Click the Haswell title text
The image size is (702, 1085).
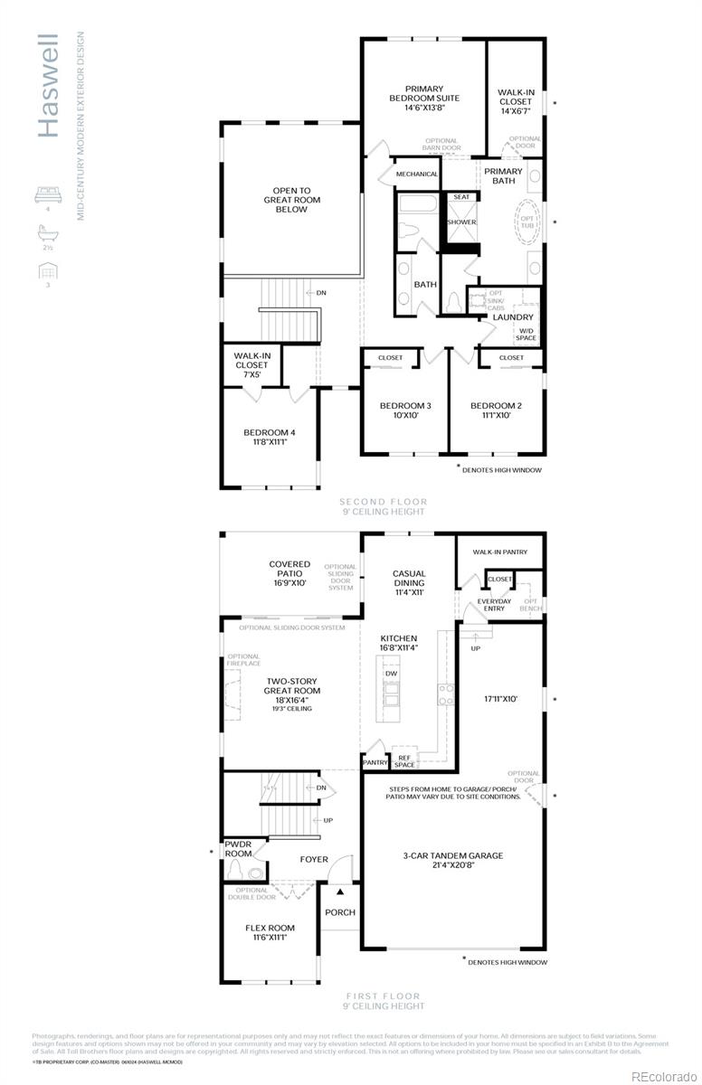(x=49, y=86)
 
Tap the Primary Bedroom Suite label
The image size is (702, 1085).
(x=424, y=98)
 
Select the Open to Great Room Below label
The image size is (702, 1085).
(x=292, y=200)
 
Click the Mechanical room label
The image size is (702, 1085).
(x=417, y=174)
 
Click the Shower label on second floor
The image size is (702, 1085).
(x=461, y=222)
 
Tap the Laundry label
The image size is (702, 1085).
(x=513, y=317)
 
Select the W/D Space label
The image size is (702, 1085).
(x=526, y=334)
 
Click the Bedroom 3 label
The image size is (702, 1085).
(x=405, y=410)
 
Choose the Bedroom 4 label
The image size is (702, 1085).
(x=270, y=438)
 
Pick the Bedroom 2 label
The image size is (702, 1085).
(x=497, y=410)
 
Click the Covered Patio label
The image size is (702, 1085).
(x=289, y=573)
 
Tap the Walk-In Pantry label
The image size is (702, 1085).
(x=500, y=552)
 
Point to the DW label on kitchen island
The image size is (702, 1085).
(x=392, y=674)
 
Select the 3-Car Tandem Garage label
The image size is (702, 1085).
(x=454, y=860)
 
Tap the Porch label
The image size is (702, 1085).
(x=340, y=912)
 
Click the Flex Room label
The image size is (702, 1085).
(x=270, y=932)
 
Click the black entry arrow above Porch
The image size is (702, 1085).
(x=341, y=892)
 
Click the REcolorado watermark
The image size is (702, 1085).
(x=663, y=1075)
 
